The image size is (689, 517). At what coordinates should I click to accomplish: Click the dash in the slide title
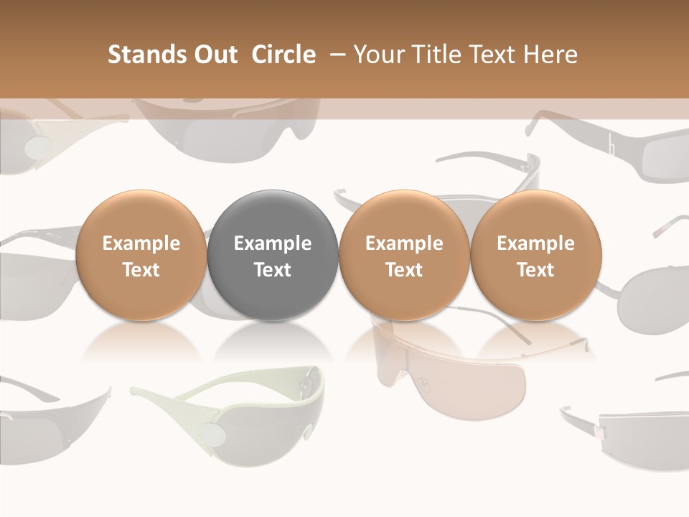[x=335, y=55]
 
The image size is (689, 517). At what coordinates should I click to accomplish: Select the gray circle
[x=273, y=256]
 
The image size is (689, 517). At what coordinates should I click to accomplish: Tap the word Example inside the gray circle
[x=273, y=243]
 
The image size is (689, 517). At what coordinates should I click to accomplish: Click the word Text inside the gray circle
[x=273, y=270]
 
